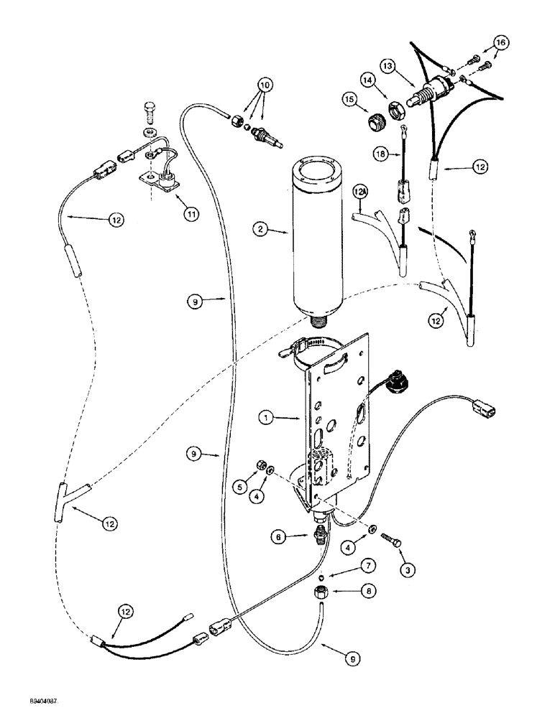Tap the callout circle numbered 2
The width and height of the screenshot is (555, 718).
tap(262, 230)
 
